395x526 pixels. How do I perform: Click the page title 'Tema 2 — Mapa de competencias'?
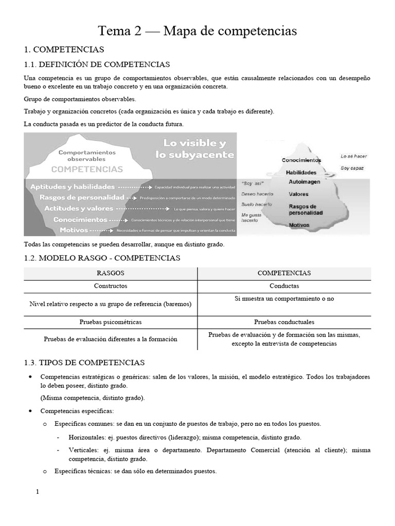click(x=197, y=31)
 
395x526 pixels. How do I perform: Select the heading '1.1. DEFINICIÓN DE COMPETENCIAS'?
click(x=97, y=64)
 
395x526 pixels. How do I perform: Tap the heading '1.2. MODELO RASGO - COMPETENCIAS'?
click(x=102, y=258)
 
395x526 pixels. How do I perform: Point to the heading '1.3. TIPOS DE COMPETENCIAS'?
click(x=85, y=363)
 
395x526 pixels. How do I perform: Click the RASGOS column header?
click(x=111, y=273)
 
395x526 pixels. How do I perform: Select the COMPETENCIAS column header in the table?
click(x=284, y=273)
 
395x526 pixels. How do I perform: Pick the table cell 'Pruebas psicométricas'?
click(x=111, y=322)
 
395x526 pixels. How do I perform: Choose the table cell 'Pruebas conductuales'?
click(x=284, y=322)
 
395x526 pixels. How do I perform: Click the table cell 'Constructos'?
click(x=111, y=286)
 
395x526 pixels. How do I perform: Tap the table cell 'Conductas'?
click(x=284, y=286)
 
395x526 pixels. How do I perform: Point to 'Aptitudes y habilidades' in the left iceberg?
click(x=73, y=187)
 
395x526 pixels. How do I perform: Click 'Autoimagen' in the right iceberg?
click(x=304, y=182)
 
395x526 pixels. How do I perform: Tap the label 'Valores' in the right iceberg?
click(x=298, y=195)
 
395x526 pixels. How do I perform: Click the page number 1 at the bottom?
click(x=37, y=492)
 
